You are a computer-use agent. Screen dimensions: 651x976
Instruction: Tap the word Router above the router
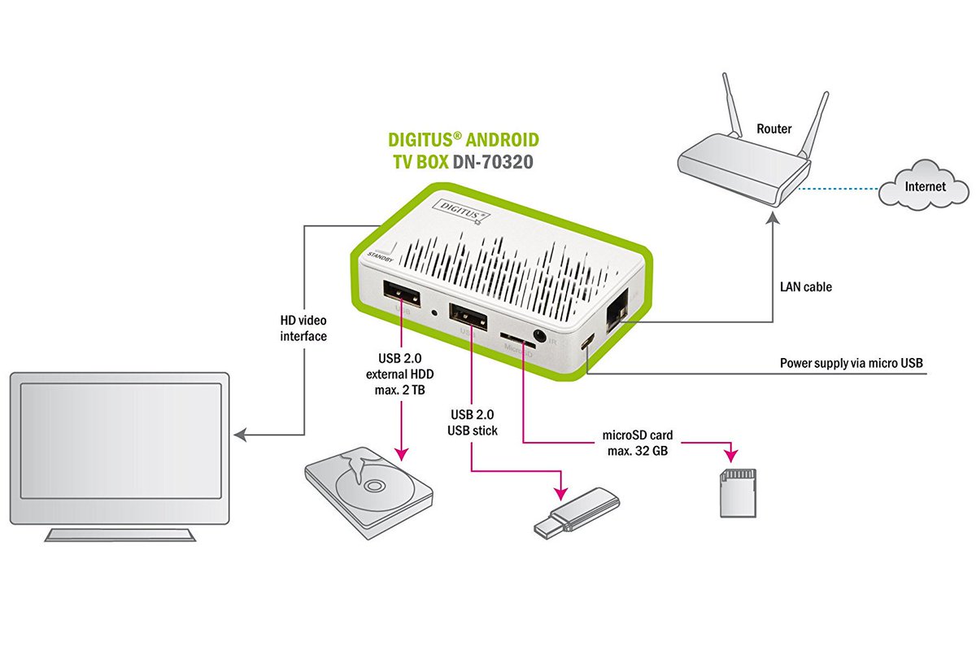(773, 129)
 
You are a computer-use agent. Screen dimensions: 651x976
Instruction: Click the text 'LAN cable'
(805, 287)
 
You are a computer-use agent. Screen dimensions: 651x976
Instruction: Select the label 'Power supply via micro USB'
(852, 363)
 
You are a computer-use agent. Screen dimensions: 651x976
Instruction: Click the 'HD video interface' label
(303, 328)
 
